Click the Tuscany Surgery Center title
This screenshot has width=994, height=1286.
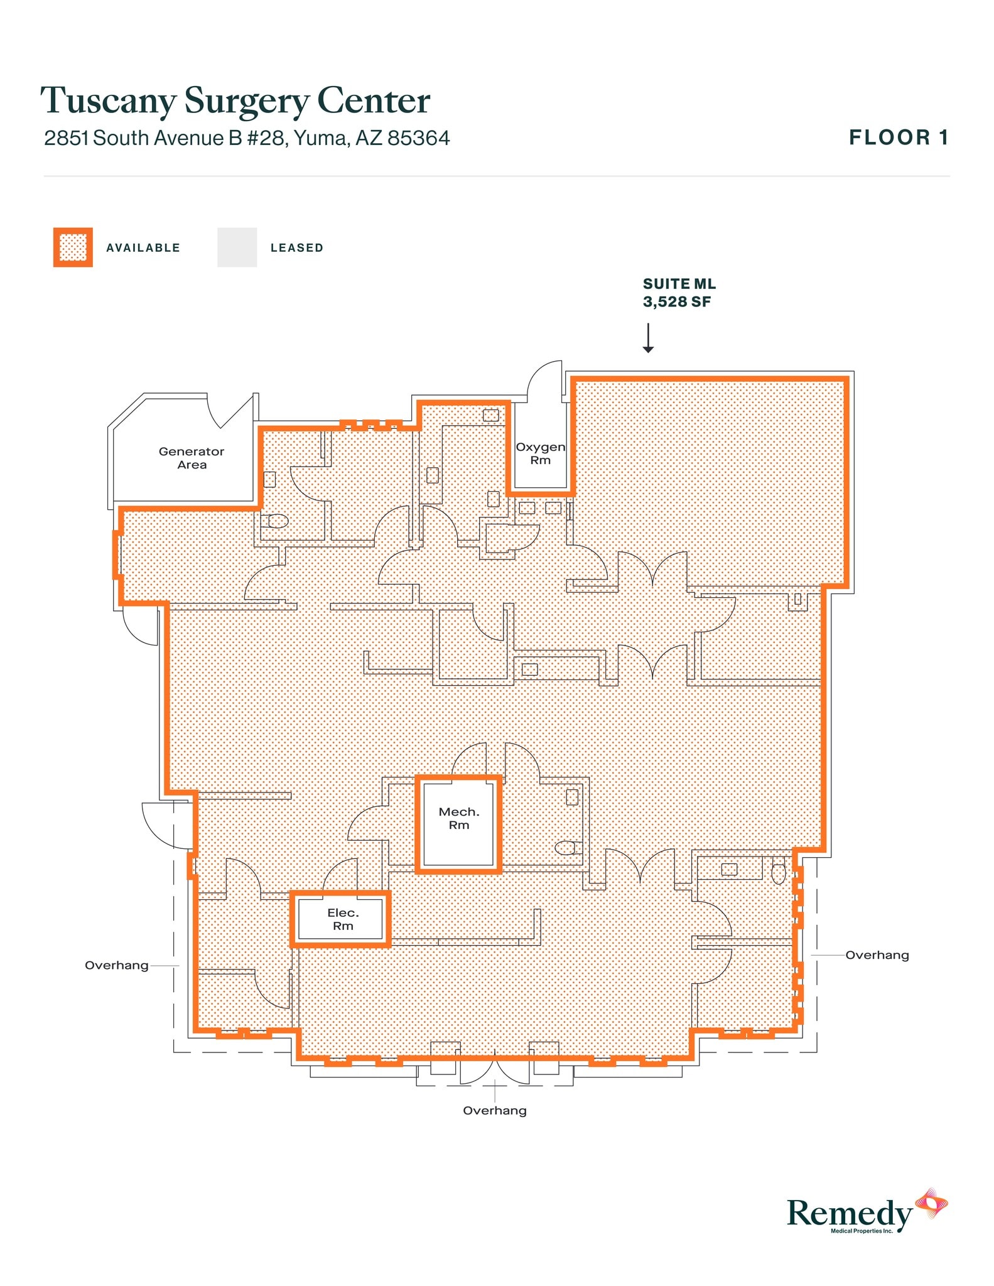point(235,100)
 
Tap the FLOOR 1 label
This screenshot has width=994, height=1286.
point(898,138)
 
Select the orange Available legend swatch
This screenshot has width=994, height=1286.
point(73,247)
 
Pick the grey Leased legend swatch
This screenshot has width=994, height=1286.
point(237,247)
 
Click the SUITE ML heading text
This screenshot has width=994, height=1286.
point(679,284)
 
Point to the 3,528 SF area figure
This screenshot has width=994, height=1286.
point(676,302)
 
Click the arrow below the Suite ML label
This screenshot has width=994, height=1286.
point(648,338)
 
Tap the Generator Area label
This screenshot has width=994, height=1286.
point(192,458)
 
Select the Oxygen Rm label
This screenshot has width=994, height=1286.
point(540,453)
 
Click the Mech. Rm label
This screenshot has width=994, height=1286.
point(458,818)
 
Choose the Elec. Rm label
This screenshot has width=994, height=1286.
point(343,919)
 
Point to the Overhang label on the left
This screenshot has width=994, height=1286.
point(117,965)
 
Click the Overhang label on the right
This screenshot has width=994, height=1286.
point(877,955)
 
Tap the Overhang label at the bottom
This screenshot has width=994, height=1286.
point(494,1110)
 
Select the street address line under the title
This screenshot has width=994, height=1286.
point(247,138)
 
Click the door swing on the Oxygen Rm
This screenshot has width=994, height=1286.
point(544,381)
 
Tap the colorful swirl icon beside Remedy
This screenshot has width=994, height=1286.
point(931,1203)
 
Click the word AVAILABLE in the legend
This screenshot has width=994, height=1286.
point(143,248)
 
